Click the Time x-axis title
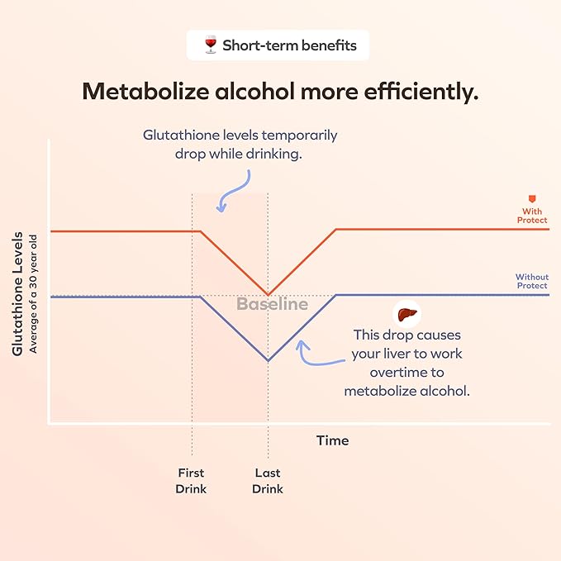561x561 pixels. coord(332,440)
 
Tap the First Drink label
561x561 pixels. coord(191,481)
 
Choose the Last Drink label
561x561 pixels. coord(267,481)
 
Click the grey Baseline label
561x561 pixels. coord(272,304)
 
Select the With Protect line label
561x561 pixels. coord(532,216)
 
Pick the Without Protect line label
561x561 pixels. coord(531,281)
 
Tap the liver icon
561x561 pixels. coord(405,315)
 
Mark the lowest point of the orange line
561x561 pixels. coord(268,294)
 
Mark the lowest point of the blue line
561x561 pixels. coord(268,360)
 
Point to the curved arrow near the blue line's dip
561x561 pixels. coord(317,354)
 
